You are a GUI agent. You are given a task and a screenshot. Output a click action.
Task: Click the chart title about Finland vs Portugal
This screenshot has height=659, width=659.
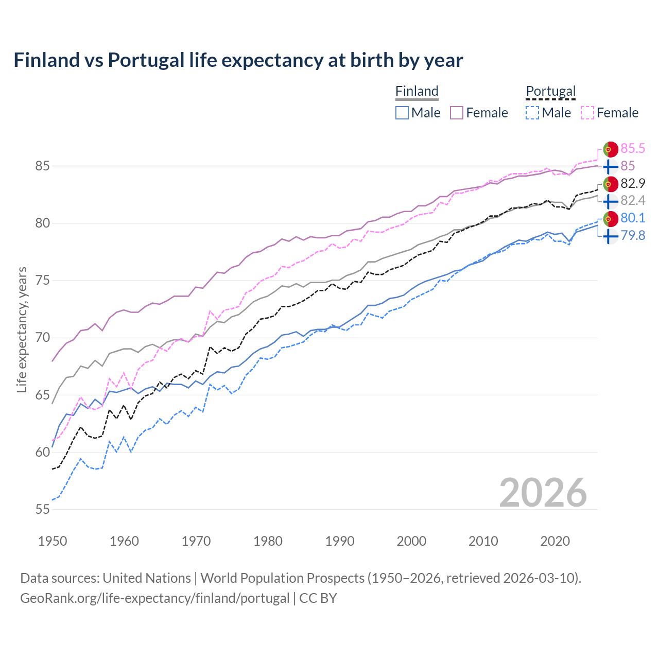tap(238, 60)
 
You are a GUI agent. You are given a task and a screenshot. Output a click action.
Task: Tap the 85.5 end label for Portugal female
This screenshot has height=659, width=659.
tap(632, 148)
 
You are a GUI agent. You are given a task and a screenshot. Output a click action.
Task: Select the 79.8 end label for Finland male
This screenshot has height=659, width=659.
tap(632, 235)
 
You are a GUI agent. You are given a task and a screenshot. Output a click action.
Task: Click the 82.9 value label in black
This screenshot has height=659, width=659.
tap(632, 183)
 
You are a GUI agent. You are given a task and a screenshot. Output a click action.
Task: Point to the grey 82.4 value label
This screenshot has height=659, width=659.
tap(632, 200)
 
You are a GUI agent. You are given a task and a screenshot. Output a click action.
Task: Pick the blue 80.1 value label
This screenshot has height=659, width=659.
tap(632, 218)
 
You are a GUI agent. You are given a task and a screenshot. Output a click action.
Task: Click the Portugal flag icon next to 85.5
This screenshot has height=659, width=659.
tap(610, 149)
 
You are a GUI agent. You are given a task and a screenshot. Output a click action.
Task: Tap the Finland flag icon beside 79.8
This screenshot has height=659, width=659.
tap(610, 236)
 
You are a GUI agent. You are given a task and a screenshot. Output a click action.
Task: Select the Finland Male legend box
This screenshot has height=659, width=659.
tap(402, 113)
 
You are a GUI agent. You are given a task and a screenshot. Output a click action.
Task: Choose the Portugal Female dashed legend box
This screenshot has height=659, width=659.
tap(587, 113)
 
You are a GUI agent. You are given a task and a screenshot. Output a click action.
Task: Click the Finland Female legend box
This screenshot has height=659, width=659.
tap(457, 113)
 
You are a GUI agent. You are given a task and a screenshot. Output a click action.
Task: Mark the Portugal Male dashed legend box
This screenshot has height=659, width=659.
tap(532, 113)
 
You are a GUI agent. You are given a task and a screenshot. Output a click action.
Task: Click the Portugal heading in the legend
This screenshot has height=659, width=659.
tap(550, 91)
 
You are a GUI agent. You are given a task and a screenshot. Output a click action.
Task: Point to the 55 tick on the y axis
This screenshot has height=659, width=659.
tap(43, 509)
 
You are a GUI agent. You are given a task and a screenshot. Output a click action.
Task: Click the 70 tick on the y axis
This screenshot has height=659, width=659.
tap(43, 338)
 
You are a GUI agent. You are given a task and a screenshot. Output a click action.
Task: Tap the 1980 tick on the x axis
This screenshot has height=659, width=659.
tap(268, 541)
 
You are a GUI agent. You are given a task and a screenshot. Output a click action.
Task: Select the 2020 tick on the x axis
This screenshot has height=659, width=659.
tap(555, 541)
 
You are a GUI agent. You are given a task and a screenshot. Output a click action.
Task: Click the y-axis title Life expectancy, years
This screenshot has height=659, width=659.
tap(22, 329)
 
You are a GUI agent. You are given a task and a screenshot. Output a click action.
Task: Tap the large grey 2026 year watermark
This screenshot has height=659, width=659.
tap(543, 493)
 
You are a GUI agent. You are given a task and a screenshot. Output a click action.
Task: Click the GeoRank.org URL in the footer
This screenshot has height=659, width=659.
tap(154, 598)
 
